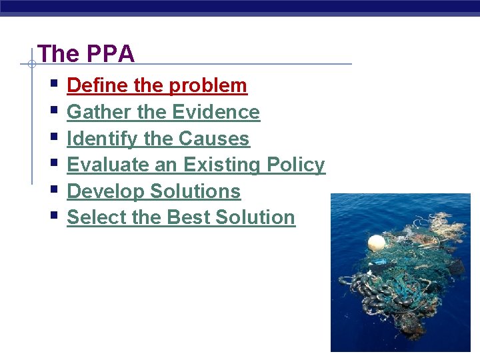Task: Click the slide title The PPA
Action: point(86,54)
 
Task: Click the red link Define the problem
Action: point(157,85)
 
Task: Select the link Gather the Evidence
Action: point(163,112)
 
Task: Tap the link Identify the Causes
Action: point(158,139)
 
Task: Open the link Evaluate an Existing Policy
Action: point(196,165)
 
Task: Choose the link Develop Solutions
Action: point(153,191)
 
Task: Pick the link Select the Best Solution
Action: point(181,217)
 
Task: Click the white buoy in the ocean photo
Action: point(376,242)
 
